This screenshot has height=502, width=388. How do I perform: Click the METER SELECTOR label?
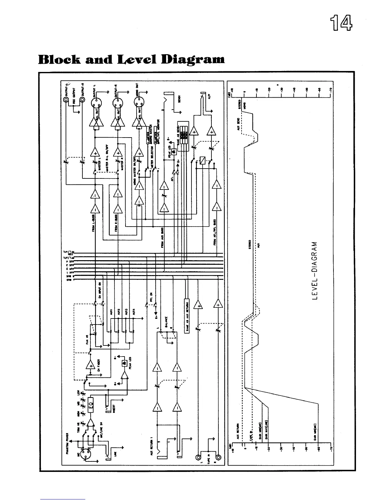point(152,154)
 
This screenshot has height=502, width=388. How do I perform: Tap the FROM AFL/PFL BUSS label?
point(215,232)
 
